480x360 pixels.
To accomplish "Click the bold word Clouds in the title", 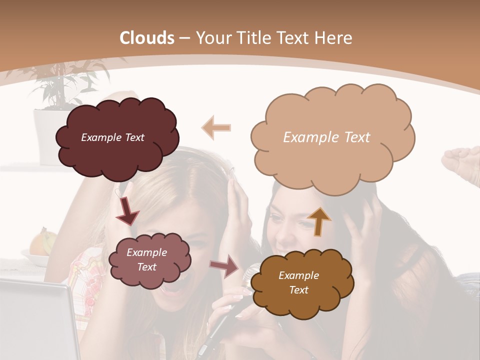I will click(x=147, y=38).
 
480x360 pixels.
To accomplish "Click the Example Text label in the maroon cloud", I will click(x=112, y=137).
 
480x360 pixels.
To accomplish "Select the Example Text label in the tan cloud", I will click(x=326, y=137).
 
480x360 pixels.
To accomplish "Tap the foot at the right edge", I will click(x=462, y=162).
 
